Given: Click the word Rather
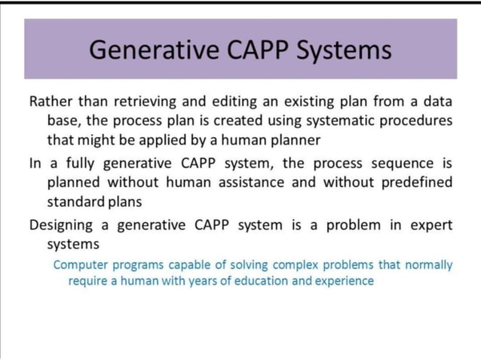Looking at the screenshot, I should (50, 101).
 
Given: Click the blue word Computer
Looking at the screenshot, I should (81, 265).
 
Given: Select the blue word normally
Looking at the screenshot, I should (427, 265).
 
